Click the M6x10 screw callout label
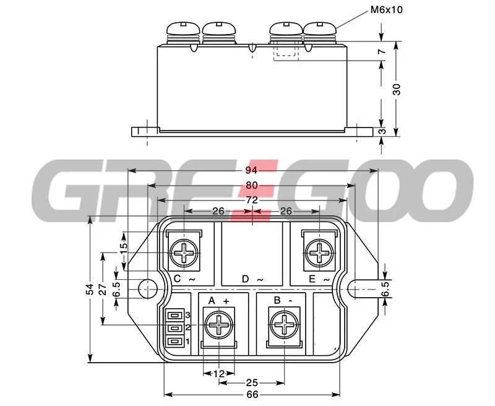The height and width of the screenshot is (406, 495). click(x=386, y=10)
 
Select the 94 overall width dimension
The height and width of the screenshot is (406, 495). click(x=251, y=170)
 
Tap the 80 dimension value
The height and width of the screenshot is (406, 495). click(x=252, y=185)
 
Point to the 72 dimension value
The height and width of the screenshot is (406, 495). click(x=252, y=200)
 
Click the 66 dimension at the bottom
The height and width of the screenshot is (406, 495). click(x=252, y=395)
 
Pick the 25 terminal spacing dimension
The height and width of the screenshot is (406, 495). click(x=252, y=383)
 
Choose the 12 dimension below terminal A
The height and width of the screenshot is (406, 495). click(x=219, y=374)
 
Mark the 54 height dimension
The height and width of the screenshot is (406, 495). click(x=90, y=289)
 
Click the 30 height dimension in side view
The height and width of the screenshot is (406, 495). click(x=397, y=89)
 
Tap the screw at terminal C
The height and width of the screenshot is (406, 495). click(x=184, y=253)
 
